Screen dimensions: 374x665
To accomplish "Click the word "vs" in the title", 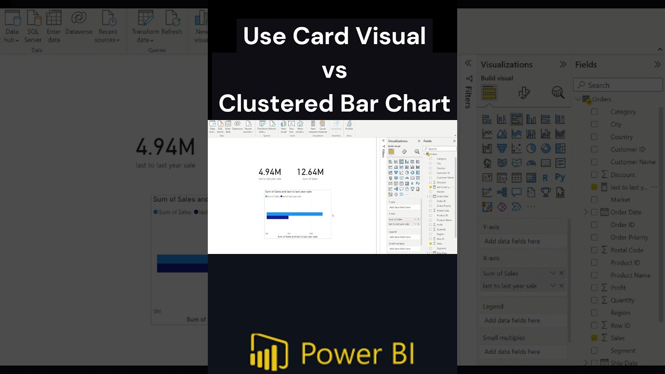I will tap(334, 71).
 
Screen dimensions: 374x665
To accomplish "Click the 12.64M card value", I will tap(310, 172).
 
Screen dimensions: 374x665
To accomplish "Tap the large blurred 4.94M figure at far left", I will tap(165, 148).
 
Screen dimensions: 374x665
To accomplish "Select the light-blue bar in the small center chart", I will tap(294, 214).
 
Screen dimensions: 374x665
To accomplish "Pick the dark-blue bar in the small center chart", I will tap(277, 217).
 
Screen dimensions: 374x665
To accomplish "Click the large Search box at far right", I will tap(618, 85).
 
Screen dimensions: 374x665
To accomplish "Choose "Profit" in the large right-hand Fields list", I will tap(618, 288).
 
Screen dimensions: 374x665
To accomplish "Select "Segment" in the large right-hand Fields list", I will tap(623, 351).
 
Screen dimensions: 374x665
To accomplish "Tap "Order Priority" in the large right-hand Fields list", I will tap(629, 237).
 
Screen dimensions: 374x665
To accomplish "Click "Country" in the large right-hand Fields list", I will tap(621, 137).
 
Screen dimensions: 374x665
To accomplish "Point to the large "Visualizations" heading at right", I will tap(507, 64).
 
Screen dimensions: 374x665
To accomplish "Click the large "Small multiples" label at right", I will tap(503, 338).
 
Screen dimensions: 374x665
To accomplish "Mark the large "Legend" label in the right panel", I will tap(493, 306).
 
